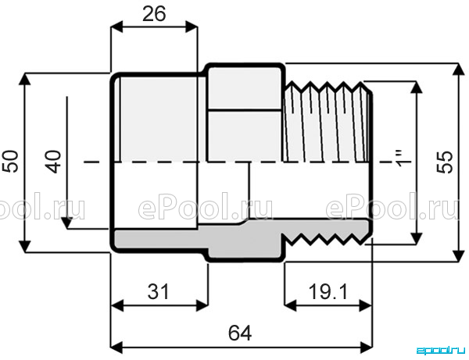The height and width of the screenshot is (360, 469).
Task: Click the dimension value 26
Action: pyautogui.click(x=154, y=14)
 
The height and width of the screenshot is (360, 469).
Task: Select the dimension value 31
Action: pyautogui.click(x=158, y=291)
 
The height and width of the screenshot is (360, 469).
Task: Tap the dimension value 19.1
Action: pyautogui.click(x=328, y=291)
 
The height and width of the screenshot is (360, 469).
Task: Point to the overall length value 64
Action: pyautogui.click(x=240, y=333)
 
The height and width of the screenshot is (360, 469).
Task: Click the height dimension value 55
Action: pyautogui.click(x=445, y=162)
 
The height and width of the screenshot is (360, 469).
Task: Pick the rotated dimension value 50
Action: pyautogui.click(x=10, y=162)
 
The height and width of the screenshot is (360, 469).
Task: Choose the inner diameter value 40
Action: pyautogui.click(x=53, y=162)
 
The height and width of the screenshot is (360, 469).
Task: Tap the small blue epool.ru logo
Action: pyautogui.click(x=441, y=350)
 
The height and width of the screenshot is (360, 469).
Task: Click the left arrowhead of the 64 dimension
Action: pyautogui.click(x=116, y=348)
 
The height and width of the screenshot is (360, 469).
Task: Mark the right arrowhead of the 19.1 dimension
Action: pyautogui.click(x=365, y=305)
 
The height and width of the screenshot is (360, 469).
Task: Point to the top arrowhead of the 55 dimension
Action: pyautogui.click(x=457, y=70)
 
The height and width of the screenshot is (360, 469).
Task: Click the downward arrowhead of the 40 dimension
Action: pyautogui.click(x=67, y=223)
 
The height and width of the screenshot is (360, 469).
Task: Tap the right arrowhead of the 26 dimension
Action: pyautogui.click(x=192, y=27)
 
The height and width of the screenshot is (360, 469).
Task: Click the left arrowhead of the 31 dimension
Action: pyautogui.click(x=117, y=305)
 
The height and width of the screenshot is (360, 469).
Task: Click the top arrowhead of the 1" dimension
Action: pyautogui.click(x=416, y=87)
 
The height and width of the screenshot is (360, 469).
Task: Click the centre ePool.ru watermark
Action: pyautogui.click(x=206, y=206)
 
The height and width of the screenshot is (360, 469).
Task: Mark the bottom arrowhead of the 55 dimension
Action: pyautogui.click(x=457, y=255)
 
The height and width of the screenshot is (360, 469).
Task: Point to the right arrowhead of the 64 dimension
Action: pyautogui.click(x=366, y=348)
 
